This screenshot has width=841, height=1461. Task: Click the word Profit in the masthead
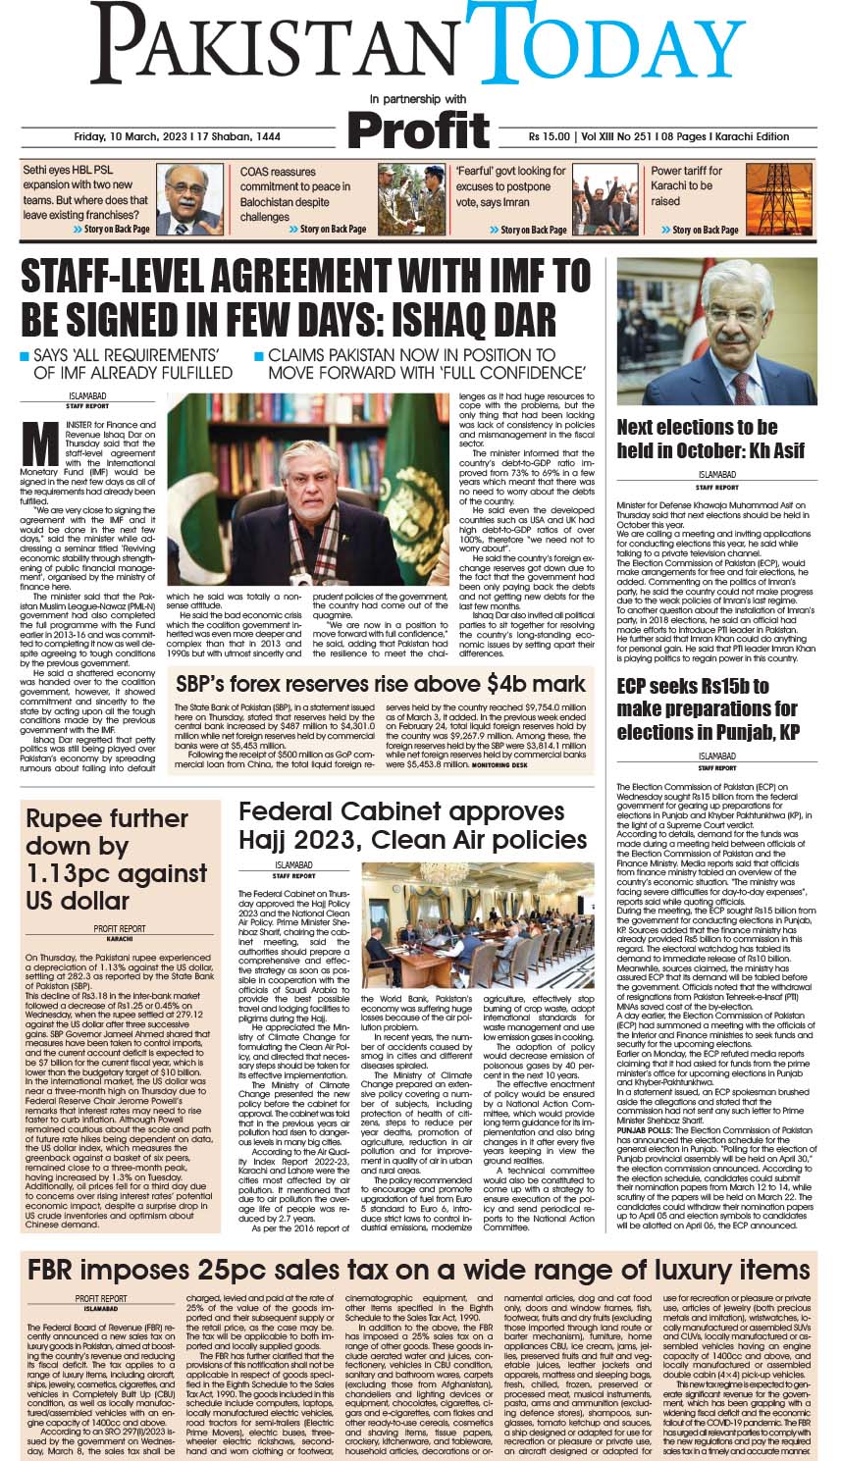tap(418, 129)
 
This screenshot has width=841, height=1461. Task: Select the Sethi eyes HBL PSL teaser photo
tap(189, 198)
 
